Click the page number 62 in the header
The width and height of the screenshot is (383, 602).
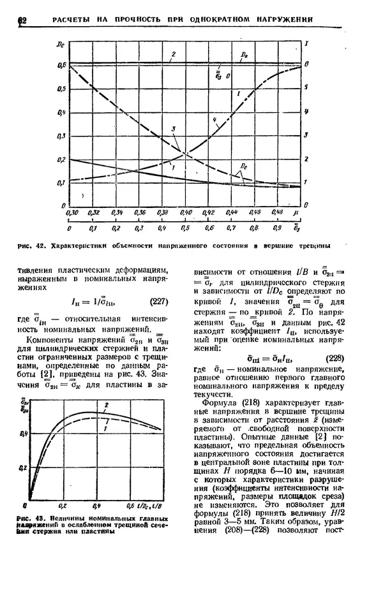pyautogui.click(x=22, y=20)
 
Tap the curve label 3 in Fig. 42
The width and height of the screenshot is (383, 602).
pyautogui.click(x=173, y=130)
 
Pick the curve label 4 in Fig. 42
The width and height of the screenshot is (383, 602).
pyautogui.click(x=215, y=119)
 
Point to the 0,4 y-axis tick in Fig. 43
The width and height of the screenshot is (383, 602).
pyautogui.click(x=24, y=434)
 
